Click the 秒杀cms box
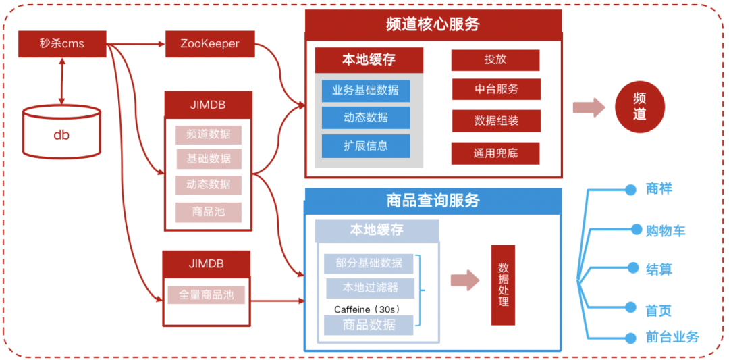[x=61, y=45]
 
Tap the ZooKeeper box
[x=209, y=45]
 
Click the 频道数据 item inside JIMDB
[x=209, y=134]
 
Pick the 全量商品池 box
[x=207, y=295]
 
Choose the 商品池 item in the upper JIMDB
[x=209, y=211]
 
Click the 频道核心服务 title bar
[x=433, y=24]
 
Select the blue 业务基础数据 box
[x=365, y=90]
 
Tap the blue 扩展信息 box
[x=365, y=146]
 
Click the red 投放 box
[x=495, y=59]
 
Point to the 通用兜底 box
[x=495, y=153]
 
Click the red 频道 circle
[x=639, y=107]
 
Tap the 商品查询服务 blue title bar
[x=433, y=201]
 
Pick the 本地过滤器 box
[x=370, y=288]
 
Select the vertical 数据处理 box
[x=503, y=284]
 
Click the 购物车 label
[x=665, y=231]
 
